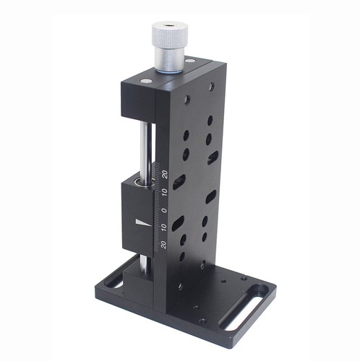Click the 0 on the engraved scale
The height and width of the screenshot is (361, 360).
(x=163, y=210)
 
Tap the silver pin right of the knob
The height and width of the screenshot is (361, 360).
(x=190, y=62)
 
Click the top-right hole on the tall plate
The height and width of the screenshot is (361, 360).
(x=211, y=86)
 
